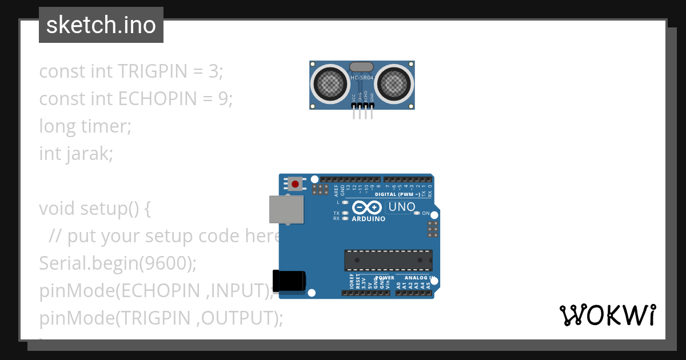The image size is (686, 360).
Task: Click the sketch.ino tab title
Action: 101,25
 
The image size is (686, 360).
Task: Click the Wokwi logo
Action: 607,315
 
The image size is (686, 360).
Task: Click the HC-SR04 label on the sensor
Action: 362,78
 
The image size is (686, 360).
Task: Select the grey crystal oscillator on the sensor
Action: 362,67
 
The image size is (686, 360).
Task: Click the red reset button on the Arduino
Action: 295,184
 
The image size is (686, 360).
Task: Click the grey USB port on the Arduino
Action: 286,209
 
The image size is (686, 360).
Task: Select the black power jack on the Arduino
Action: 289,281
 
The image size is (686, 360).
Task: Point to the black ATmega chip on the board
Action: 388,260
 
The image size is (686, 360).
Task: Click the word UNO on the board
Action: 402,207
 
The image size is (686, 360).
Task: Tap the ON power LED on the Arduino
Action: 416,213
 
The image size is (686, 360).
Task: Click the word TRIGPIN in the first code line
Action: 152,71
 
